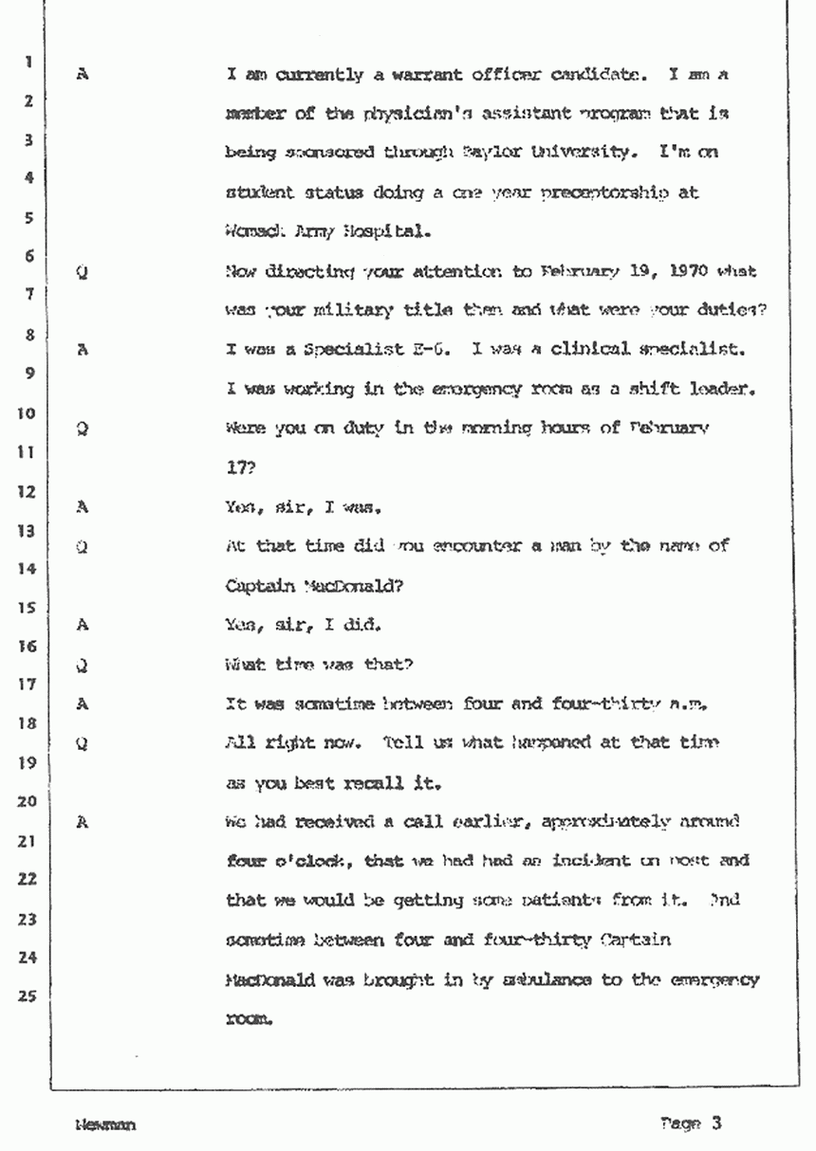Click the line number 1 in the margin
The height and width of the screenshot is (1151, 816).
(29, 64)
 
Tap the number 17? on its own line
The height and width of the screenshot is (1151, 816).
(238, 466)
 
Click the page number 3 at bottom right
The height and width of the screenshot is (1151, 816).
(717, 1124)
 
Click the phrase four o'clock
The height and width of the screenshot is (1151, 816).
(272, 861)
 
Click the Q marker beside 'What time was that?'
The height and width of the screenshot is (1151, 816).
(83, 665)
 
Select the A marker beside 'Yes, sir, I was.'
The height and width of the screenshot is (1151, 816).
(83, 506)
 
